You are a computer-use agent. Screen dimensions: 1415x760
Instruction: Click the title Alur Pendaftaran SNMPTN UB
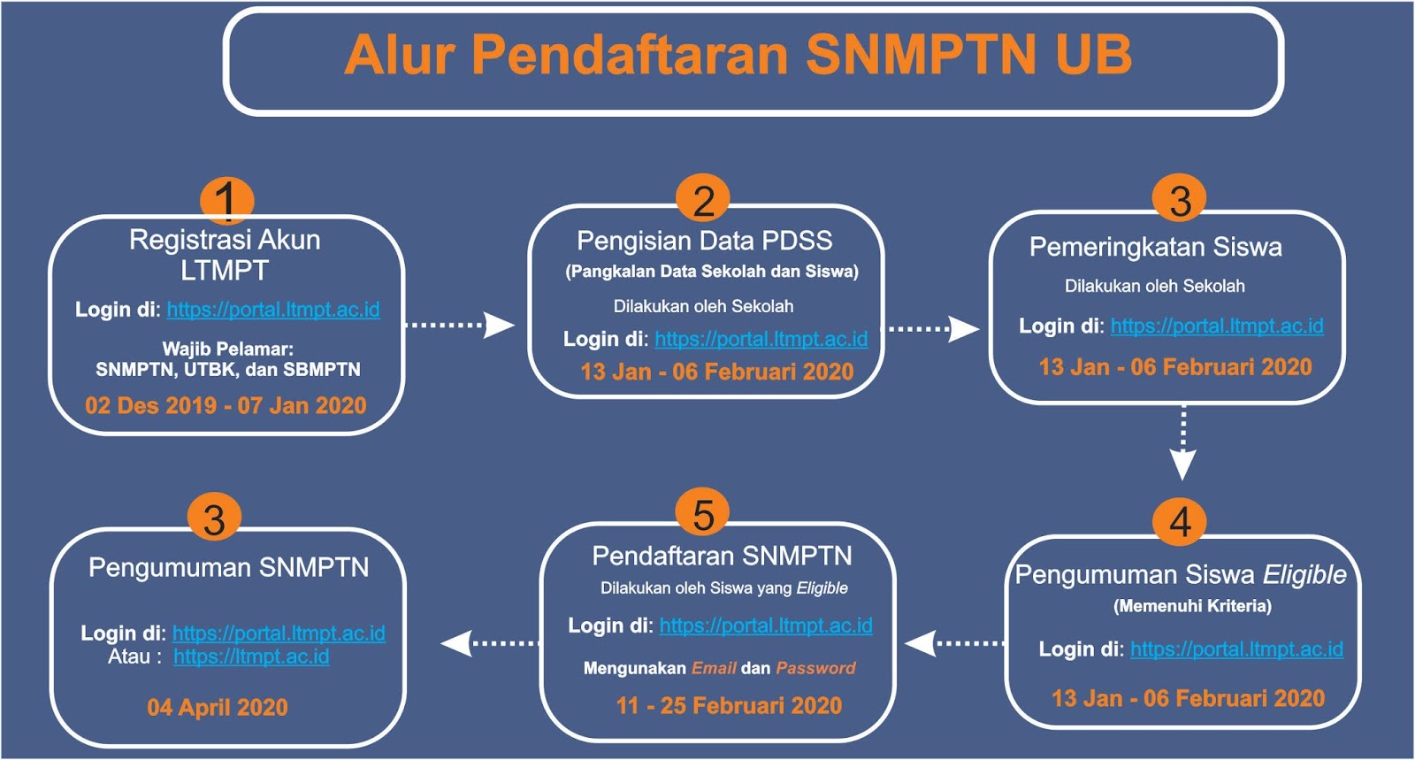coord(738,55)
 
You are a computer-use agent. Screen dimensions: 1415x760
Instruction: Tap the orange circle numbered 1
coord(227,201)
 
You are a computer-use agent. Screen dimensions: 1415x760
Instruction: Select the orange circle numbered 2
coord(703,200)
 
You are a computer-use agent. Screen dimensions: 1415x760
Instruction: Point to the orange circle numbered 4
coord(1180,521)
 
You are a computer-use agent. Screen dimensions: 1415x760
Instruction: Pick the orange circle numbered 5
coord(702,512)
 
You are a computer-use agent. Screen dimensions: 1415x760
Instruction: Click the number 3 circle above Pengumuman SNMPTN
coord(215,518)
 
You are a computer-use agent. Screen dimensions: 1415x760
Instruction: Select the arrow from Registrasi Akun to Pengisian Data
coord(460,325)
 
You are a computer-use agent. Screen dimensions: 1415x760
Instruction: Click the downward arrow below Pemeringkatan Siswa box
coord(1183,443)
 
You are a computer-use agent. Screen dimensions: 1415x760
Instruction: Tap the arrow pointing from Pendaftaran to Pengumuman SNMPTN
coord(490,643)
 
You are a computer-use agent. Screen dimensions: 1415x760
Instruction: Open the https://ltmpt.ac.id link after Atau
coord(251,656)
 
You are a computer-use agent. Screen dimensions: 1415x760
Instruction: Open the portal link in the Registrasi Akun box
coord(273,310)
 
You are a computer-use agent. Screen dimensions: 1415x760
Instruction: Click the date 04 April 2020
coord(218,707)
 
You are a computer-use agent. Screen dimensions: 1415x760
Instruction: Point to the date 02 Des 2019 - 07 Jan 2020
coord(226,405)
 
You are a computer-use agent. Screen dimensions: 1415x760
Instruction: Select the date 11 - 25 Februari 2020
coord(729,705)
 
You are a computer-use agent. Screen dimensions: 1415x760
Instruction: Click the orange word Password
coord(815,668)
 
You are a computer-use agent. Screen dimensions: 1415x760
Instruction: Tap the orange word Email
coord(714,668)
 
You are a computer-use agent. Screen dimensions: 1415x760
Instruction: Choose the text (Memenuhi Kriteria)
coord(1192,606)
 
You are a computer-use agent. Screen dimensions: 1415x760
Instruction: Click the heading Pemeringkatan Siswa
coord(1156,246)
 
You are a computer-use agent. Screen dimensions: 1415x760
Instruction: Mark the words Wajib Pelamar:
coord(228,348)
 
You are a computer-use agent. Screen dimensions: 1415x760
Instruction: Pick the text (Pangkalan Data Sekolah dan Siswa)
coord(712,272)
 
